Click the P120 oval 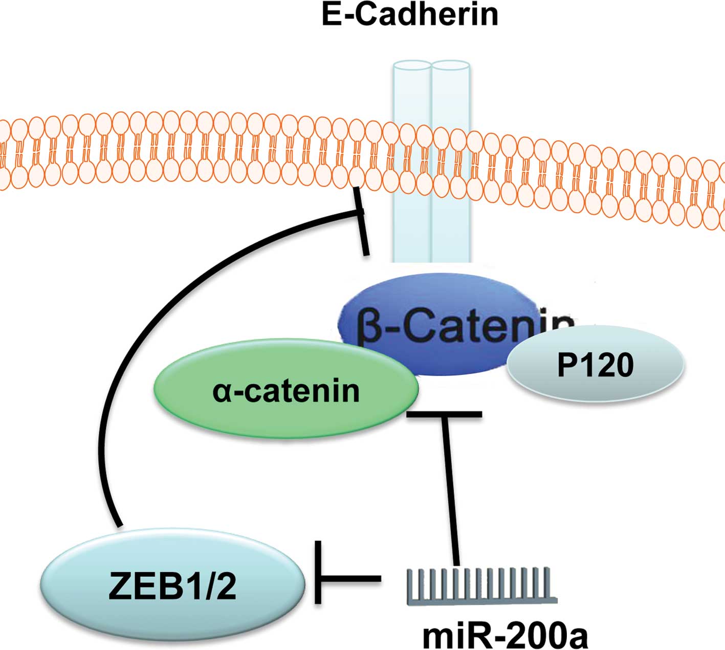[x=595, y=365]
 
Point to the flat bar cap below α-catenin [x=444, y=414]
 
